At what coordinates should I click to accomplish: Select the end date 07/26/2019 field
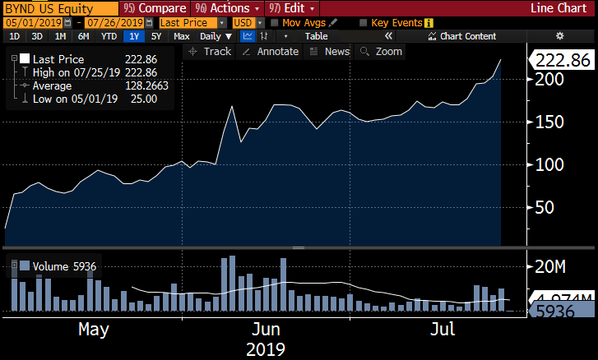[x=110, y=22]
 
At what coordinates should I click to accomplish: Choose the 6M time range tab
[x=84, y=36]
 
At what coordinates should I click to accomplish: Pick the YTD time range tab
[x=108, y=36]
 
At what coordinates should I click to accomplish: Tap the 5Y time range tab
[x=156, y=36]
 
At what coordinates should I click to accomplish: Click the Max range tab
[x=182, y=36]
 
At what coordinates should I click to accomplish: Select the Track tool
[x=211, y=51]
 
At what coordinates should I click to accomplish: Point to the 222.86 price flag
[x=561, y=60]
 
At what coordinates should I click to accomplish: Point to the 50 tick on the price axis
[x=543, y=207]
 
